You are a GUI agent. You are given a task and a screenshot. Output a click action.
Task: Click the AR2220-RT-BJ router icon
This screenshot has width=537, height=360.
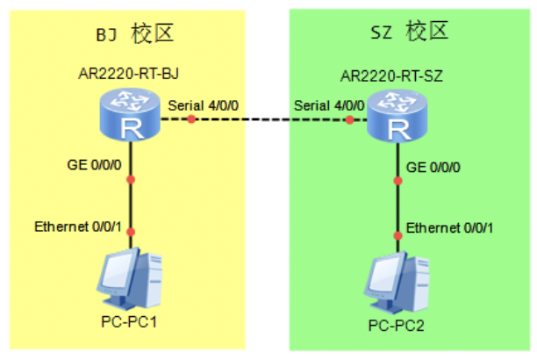(x=130, y=114)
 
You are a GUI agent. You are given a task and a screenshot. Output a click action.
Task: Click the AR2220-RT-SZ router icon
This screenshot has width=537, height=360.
(x=397, y=116)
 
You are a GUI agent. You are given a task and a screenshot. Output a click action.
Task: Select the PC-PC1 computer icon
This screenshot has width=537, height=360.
(x=130, y=278)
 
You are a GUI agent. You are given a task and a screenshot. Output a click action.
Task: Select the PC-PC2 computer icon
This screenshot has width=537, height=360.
(x=397, y=283)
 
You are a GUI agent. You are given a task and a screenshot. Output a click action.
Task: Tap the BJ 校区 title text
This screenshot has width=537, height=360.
(x=134, y=33)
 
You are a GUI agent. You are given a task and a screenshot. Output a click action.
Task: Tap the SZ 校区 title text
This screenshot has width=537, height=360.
(x=410, y=32)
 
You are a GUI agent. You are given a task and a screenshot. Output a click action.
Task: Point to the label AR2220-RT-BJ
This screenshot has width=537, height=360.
(x=129, y=74)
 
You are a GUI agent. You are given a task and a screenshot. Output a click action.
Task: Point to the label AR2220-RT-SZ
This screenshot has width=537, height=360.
(x=391, y=76)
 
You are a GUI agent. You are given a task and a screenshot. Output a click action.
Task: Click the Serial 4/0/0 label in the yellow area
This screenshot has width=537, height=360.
(x=203, y=105)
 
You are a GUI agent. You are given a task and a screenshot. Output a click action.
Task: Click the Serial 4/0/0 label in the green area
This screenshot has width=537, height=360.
(x=329, y=105)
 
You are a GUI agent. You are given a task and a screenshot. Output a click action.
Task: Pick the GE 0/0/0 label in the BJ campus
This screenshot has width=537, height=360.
(x=94, y=165)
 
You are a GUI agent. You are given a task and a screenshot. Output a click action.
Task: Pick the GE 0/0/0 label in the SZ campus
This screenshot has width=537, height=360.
(x=433, y=168)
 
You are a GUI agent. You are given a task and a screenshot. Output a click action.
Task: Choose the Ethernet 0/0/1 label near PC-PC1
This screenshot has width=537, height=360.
(x=78, y=227)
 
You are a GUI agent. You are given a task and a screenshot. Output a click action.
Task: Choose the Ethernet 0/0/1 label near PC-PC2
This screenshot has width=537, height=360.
(x=449, y=228)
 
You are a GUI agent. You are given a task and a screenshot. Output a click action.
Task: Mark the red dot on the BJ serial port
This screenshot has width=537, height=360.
(x=191, y=119)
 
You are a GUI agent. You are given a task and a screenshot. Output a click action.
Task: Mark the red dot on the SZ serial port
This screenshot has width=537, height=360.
(x=350, y=120)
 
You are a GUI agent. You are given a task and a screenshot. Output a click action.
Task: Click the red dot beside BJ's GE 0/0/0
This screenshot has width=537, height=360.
(x=131, y=179)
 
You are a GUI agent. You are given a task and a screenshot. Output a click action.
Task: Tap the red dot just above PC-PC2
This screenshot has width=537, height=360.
(x=397, y=235)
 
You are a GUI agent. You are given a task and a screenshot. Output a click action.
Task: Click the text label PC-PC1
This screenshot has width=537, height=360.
(x=129, y=322)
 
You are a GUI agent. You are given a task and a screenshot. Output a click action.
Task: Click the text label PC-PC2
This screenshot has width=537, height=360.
(x=397, y=326)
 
